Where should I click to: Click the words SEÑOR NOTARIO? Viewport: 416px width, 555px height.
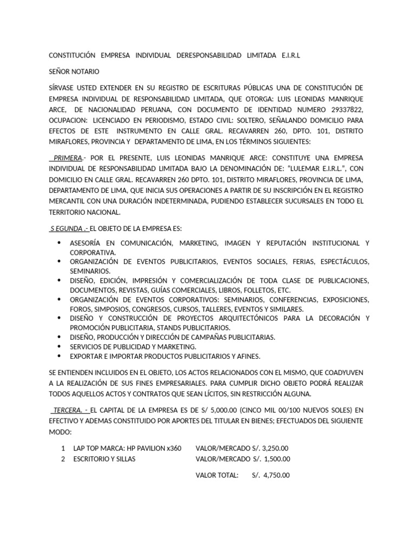74,71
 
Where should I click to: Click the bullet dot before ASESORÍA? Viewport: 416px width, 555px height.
58,243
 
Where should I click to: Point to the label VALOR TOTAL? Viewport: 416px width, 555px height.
217,475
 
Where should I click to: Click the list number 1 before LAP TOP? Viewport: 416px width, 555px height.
63,448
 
